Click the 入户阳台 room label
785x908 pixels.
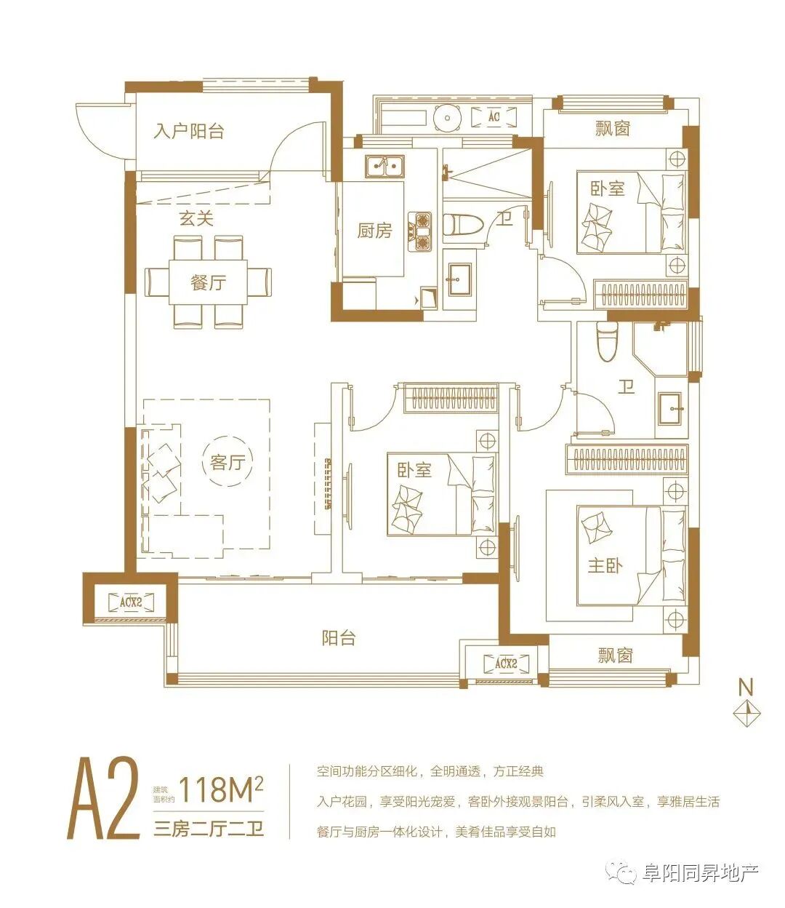tap(189, 131)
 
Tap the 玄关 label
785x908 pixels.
tap(196, 218)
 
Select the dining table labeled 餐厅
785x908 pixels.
tap(208, 282)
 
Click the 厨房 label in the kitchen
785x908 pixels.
tap(374, 231)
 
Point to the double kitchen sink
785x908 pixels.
tap(385, 166)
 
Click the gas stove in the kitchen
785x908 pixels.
tap(420, 232)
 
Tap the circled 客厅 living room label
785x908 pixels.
tap(228, 462)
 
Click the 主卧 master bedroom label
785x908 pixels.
tap(605, 565)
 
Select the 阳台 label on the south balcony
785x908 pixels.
tap(338, 638)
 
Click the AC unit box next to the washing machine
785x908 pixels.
tap(494, 117)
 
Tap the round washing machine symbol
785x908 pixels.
tap(447, 118)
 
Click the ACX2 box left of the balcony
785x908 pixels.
tap(132, 602)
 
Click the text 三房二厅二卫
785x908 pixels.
tap(209, 829)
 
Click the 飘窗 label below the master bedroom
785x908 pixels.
tap(615, 656)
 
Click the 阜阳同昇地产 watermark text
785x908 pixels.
tap(701, 872)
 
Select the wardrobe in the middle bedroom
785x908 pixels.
tap(451, 398)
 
